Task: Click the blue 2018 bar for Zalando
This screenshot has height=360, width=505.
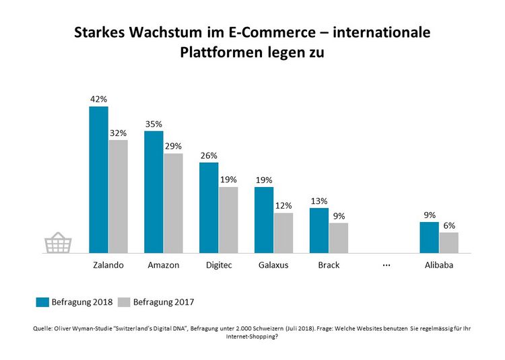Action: (x=99, y=180)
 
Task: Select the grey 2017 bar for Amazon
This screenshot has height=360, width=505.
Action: (x=173, y=203)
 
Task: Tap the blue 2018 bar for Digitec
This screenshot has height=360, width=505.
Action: (x=209, y=207)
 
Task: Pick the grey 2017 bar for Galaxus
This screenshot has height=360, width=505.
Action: (x=283, y=233)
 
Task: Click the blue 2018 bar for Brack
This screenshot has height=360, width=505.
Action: (x=319, y=230)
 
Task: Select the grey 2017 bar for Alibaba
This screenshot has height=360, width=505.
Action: (x=448, y=242)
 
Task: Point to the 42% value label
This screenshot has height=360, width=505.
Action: (x=99, y=100)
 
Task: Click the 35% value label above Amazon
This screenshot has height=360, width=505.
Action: (x=154, y=124)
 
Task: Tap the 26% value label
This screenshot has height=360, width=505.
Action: (x=209, y=156)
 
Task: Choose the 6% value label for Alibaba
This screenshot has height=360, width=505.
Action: (x=448, y=226)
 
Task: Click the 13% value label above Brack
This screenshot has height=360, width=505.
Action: (x=319, y=201)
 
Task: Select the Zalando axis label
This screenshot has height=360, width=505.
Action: (x=108, y=265)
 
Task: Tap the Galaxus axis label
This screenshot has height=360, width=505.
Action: (x=273, y=265)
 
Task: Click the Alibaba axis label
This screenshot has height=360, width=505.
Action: (x=438, y=265)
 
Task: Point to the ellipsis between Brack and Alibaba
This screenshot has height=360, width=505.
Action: (x=386, y=264)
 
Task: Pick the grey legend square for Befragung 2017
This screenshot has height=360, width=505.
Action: (x=124, y=302)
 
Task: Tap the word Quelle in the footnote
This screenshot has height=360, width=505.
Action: (x=44, y=328)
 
